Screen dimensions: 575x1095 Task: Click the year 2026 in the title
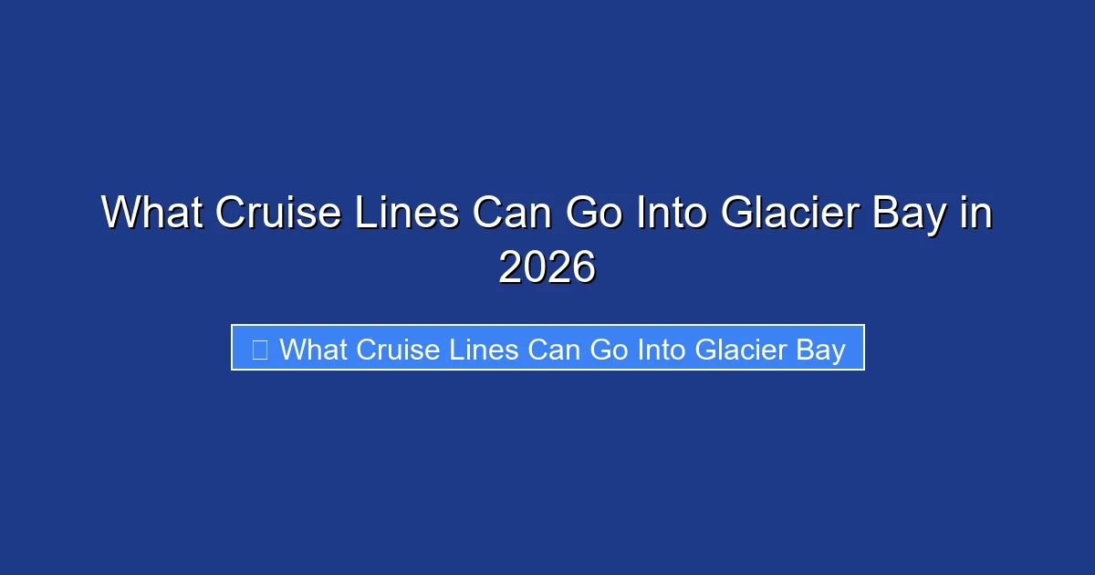pos(547,267)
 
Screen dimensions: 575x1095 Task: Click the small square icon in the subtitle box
pos(259,349)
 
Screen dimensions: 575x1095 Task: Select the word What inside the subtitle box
pos(314,349)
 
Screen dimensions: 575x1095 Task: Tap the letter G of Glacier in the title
pos(738,214)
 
